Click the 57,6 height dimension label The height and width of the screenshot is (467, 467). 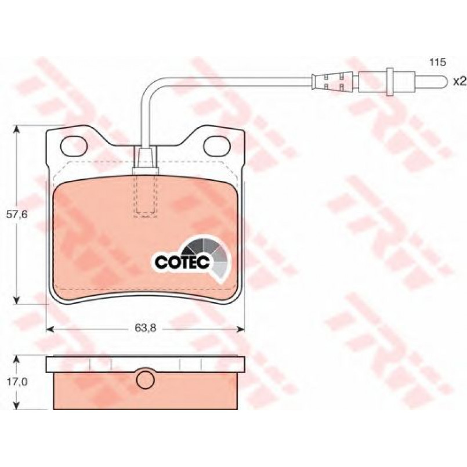tap(17, 214)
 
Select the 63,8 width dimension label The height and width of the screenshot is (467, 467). tap(146, 328)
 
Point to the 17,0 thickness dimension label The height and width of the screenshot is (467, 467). tap(17, 382)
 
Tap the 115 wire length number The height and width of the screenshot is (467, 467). tap(437, 62)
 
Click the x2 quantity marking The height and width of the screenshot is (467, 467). tap(459, 81)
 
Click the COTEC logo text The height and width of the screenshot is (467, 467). tap(183, 262)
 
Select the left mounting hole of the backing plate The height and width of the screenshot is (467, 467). tap(74, 146)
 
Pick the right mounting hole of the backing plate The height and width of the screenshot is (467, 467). tap(217, 146)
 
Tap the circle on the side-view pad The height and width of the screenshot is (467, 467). tap(146, 380)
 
